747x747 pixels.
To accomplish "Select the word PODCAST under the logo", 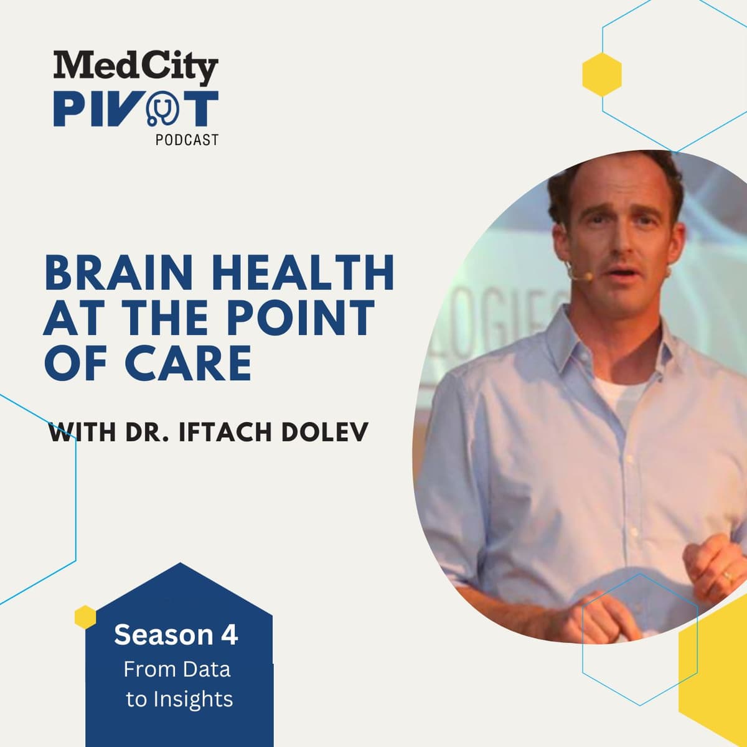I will pos(187,140).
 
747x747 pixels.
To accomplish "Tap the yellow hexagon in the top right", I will pos(602,73).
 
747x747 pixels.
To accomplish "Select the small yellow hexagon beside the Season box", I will pos(85,616).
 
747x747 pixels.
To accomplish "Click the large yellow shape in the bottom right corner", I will pos(716,672).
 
